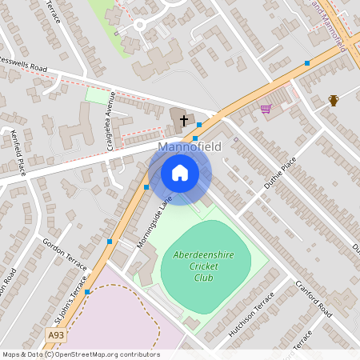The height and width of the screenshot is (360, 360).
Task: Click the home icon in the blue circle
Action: click(x=180, y=173)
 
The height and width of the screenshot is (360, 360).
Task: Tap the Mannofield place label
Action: click(x=190, y=148)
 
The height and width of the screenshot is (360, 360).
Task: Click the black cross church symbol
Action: click(x=184, y=121)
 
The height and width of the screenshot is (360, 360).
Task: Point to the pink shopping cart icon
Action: click(x=266, y=109)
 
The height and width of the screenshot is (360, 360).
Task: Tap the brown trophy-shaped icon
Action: click(x=334, y=100)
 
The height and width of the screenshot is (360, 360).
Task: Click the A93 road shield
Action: click(x=56, y=334)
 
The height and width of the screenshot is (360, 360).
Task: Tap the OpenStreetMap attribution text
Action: click(x=80, y=354)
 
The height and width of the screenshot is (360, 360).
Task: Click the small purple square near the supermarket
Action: click(x=236, y=139)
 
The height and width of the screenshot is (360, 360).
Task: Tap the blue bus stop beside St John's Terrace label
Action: click(x=87, y=292)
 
